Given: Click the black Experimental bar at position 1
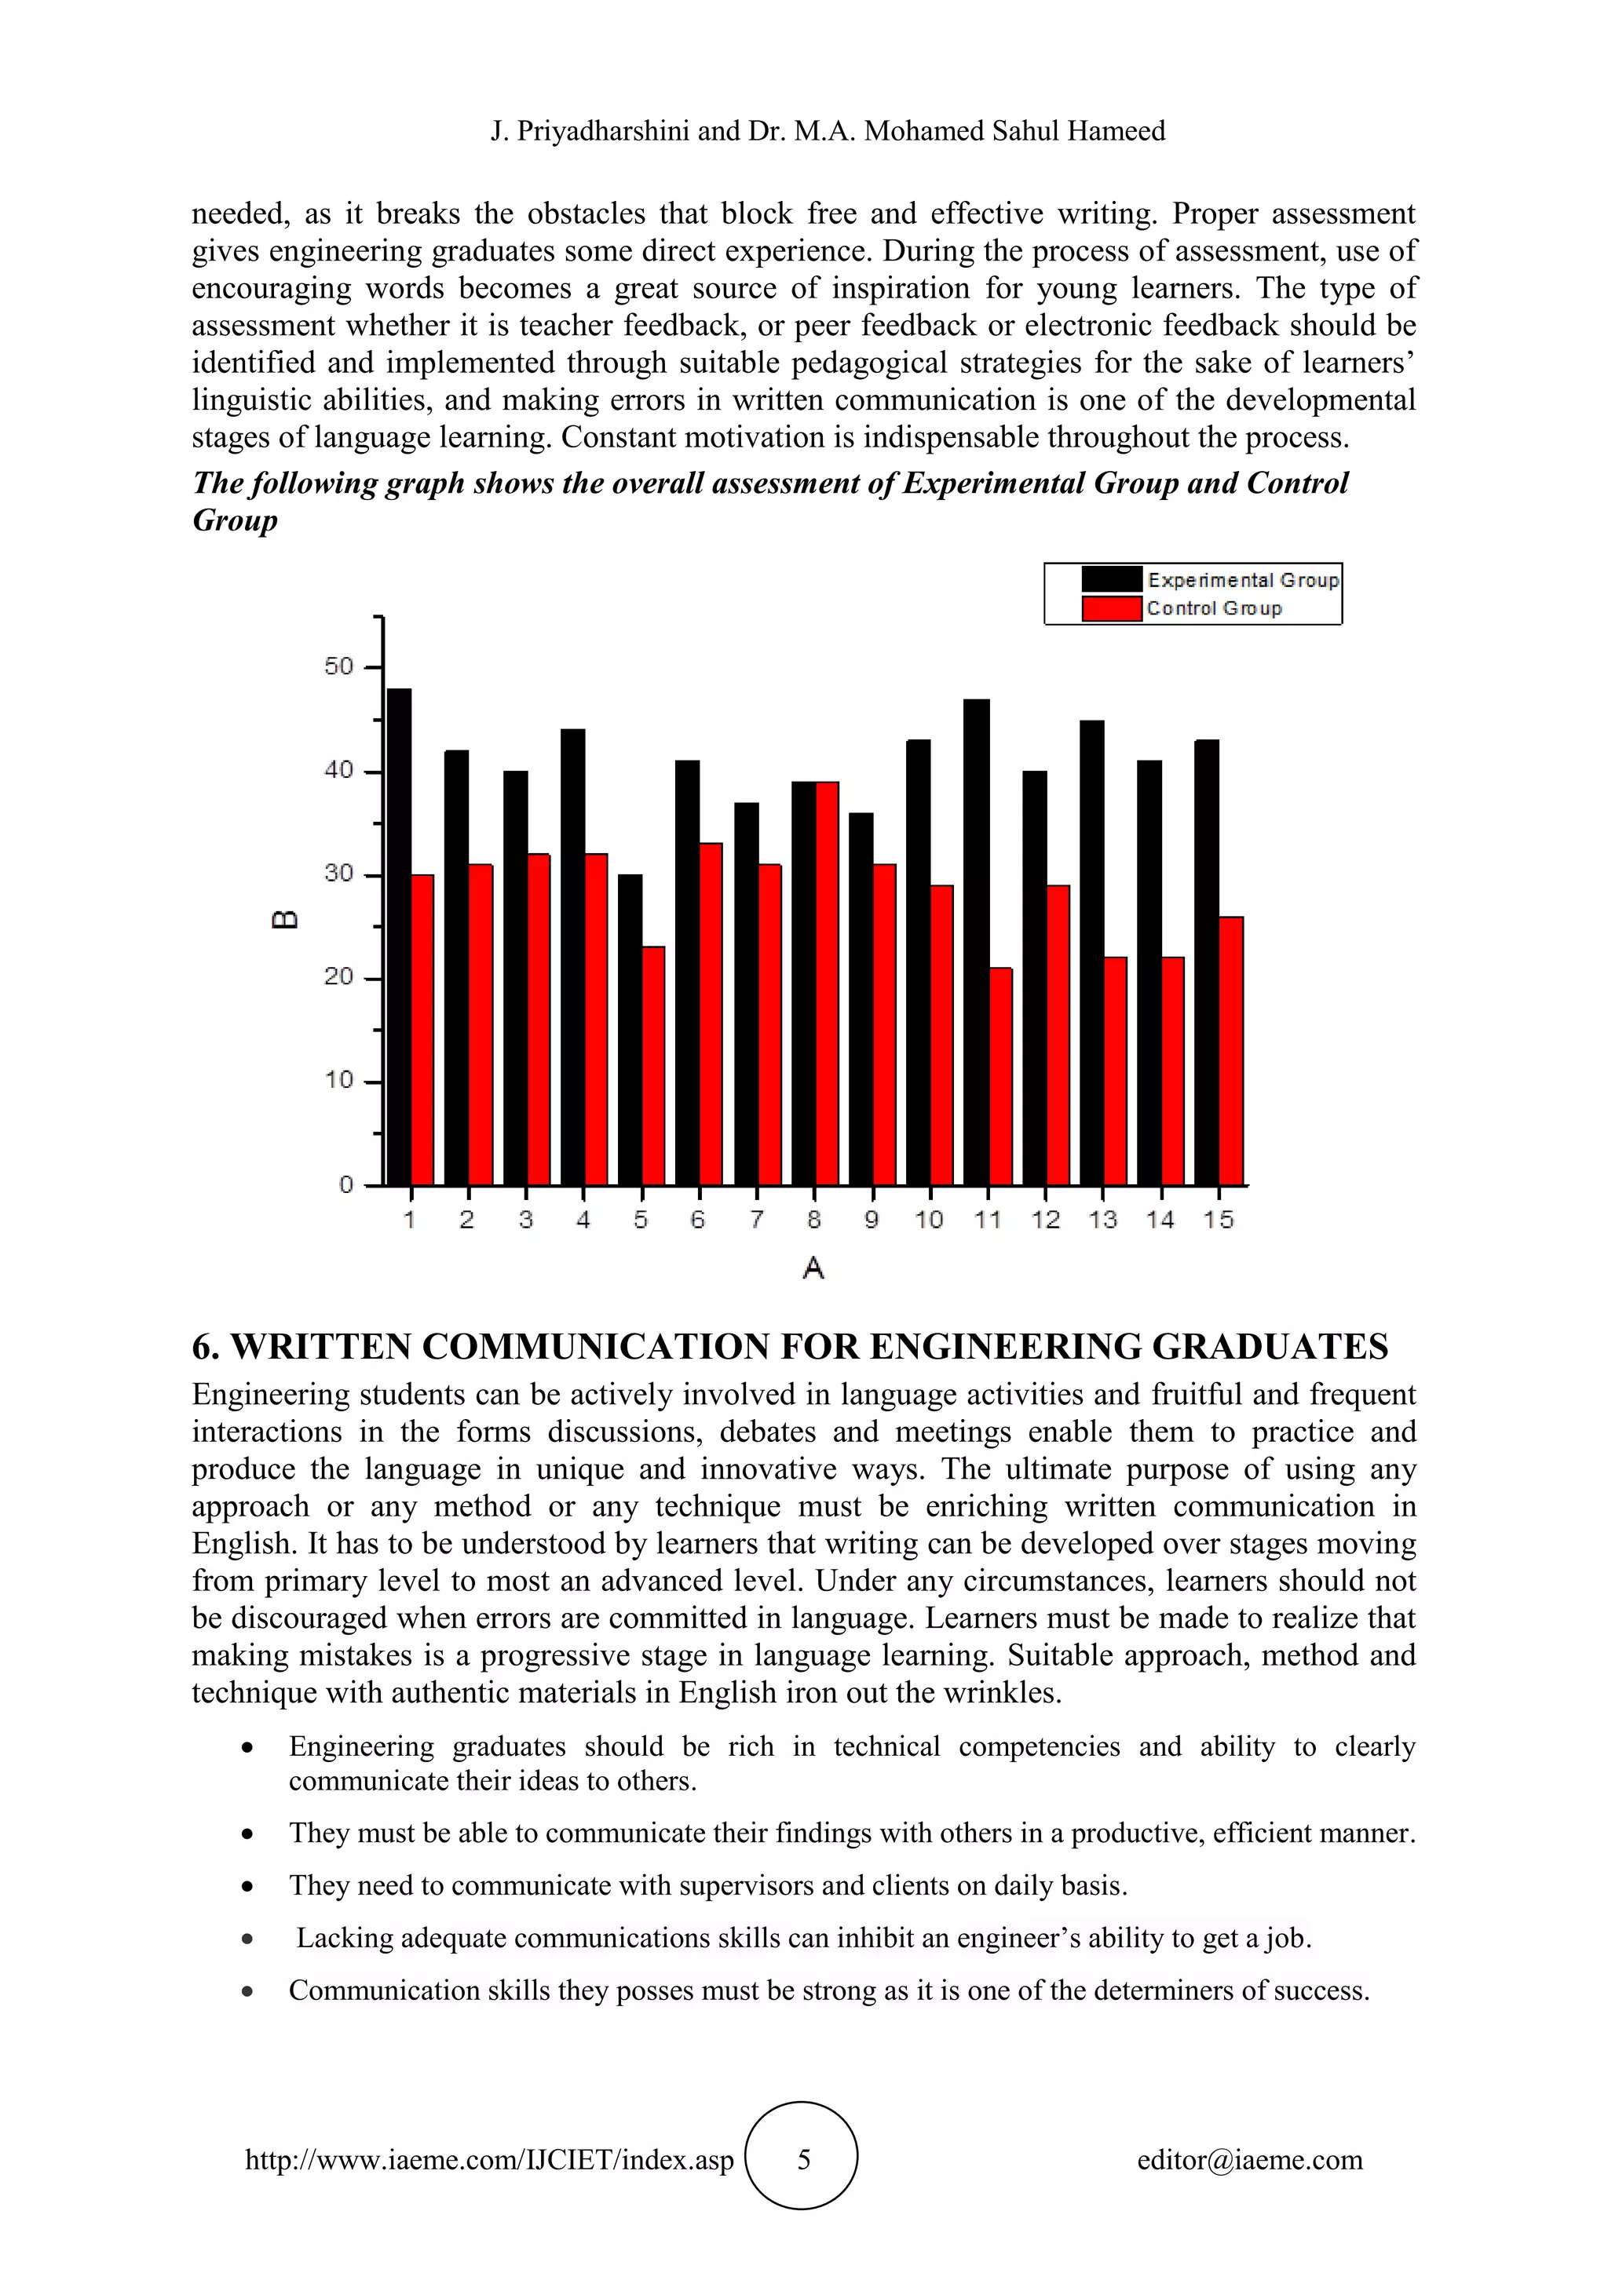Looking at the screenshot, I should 399,936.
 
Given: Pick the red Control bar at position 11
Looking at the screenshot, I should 1001,1076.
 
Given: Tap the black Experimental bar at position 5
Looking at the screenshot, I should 630,1030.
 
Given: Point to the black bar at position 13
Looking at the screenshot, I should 1092,952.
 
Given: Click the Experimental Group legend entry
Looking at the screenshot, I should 1243,580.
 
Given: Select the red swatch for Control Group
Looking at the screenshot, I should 1111,609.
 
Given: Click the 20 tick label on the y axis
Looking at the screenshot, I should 338,977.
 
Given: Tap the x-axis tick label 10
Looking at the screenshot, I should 929,1220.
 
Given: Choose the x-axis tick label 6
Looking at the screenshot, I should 698,1220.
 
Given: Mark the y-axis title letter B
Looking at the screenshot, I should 284,920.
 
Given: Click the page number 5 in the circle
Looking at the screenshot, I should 803,2159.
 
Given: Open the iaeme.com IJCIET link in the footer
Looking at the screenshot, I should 489,2159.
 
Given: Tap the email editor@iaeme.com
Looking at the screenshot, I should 1249,2159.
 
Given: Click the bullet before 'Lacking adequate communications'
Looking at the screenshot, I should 247,1939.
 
